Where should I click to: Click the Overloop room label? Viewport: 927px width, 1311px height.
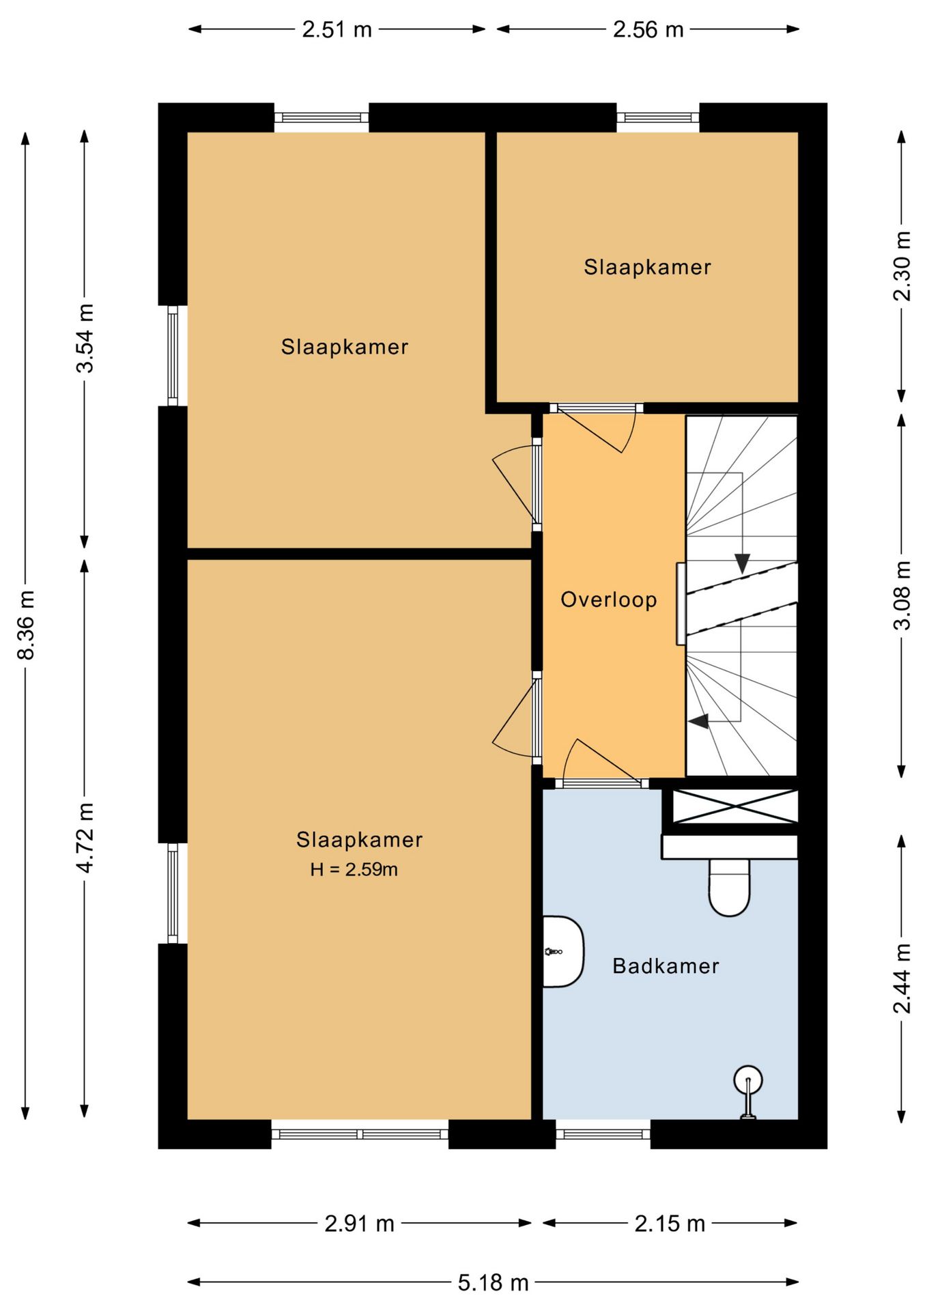608,600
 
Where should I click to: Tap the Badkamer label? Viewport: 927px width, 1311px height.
666,965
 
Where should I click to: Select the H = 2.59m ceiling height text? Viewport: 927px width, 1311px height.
354,869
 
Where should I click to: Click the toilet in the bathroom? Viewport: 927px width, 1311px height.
729,886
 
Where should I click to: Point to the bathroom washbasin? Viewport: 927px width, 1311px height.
563,951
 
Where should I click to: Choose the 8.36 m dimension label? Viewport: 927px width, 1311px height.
25,625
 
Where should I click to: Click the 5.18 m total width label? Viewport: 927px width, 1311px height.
493,1282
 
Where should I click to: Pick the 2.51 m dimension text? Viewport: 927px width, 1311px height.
337,29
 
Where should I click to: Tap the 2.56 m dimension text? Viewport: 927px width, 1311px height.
648,29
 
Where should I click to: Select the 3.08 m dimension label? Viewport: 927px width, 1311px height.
902,595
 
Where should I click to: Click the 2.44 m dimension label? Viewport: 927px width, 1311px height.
902,978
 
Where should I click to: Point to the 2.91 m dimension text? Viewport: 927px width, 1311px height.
359,1223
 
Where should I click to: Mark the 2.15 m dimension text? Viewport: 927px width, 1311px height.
670,1223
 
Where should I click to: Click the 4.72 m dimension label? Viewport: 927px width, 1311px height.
85,837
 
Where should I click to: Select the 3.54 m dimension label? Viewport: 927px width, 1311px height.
85,338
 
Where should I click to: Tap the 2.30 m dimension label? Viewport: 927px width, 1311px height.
902,266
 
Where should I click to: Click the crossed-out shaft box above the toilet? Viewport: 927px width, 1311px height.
735,806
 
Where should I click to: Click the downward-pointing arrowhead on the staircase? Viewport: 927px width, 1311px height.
742,563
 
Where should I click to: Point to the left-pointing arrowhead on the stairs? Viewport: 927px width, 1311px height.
698,720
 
